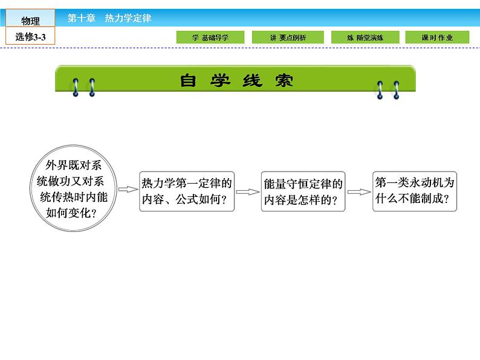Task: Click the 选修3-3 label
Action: point(30,37)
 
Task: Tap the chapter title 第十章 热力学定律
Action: point(109,18)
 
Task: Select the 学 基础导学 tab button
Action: point(211,37)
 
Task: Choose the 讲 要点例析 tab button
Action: point(288,37)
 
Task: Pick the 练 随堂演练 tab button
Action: point(365,37)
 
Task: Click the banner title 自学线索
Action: point(236,80)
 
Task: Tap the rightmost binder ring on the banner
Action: point(397,89)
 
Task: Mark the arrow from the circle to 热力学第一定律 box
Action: point(128,190)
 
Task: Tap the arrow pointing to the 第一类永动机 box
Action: point(358,192)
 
